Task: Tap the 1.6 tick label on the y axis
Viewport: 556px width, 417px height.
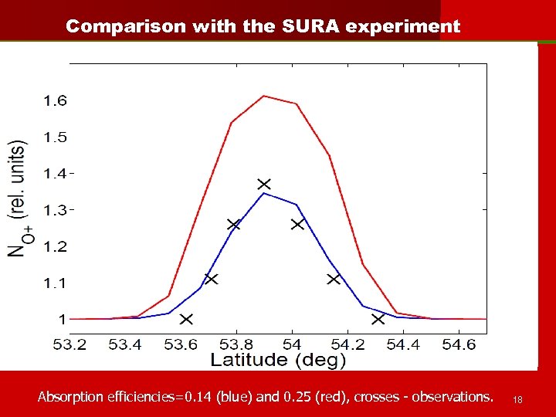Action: (55, 100)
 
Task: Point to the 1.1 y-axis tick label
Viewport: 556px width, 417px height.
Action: (55, 283)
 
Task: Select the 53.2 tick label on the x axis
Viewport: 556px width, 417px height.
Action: (70, 342)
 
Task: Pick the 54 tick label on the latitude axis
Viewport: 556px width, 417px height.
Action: (292, 342)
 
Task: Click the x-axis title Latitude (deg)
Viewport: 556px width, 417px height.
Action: (279, 360)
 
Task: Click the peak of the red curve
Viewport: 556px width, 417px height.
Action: (264, 96)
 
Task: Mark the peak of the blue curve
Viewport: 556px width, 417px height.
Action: (264, 193)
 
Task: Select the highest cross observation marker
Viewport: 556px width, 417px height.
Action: (265, 184)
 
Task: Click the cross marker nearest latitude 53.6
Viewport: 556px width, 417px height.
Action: (186, 318)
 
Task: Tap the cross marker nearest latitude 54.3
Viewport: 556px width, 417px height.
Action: (378, 318)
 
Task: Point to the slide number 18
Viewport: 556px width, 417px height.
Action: (518, 399)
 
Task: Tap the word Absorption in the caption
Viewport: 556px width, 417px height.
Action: (69, 397)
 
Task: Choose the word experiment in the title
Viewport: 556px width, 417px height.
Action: (404, 26)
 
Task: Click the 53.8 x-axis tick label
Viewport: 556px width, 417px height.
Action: (236, 342)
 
